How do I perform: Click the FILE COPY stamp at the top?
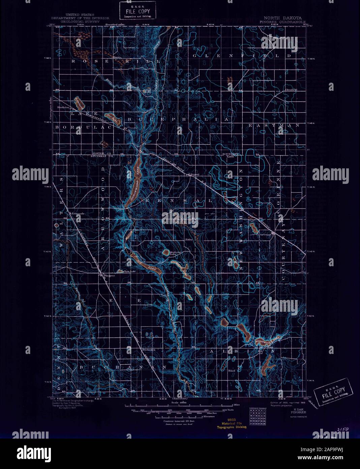click(x=138, y=10)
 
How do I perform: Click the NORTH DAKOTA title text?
click(x=282, y=18)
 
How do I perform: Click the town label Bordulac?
click(x=63, y=108)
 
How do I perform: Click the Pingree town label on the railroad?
click(x=109, y=276)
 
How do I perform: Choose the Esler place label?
click(x=188, y=240)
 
